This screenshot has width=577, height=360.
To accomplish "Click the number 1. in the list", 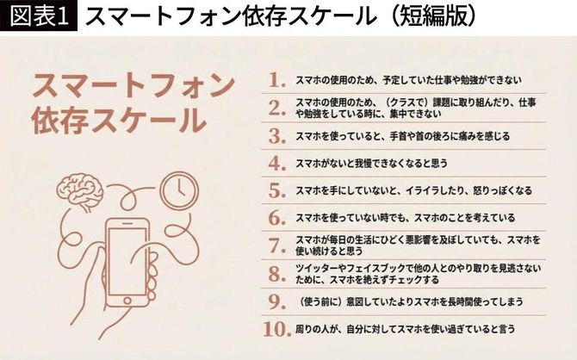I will (x=276, y=80).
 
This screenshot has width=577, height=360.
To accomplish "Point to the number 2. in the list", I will (x=276, y=108).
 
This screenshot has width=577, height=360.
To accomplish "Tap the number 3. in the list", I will (x=276, y=135).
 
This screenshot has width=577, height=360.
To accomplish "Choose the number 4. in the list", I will (x=276, y=163).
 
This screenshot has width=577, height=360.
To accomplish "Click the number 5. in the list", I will (x=276, y=189).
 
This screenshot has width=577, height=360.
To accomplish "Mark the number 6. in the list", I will (x=276, y=217).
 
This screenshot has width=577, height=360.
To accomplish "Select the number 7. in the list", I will (x=276, y=245).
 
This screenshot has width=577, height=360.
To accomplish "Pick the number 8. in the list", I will (x=276, y=274).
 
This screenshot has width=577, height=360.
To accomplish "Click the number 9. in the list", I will (x=276, y=301).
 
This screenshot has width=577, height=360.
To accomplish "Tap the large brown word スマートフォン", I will (x=133, y=86).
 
